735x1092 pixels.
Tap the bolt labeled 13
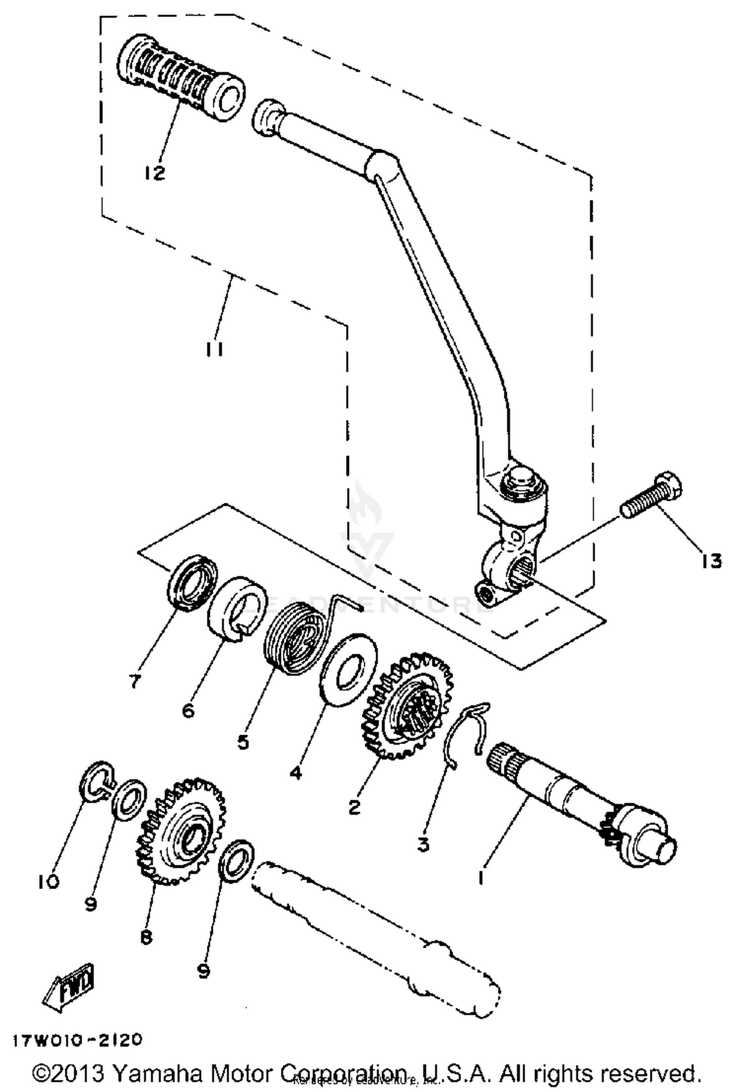(652, 495)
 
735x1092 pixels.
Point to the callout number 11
(214, 350)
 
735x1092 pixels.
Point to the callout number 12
(155, 173)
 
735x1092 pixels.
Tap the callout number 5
(243, 742)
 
